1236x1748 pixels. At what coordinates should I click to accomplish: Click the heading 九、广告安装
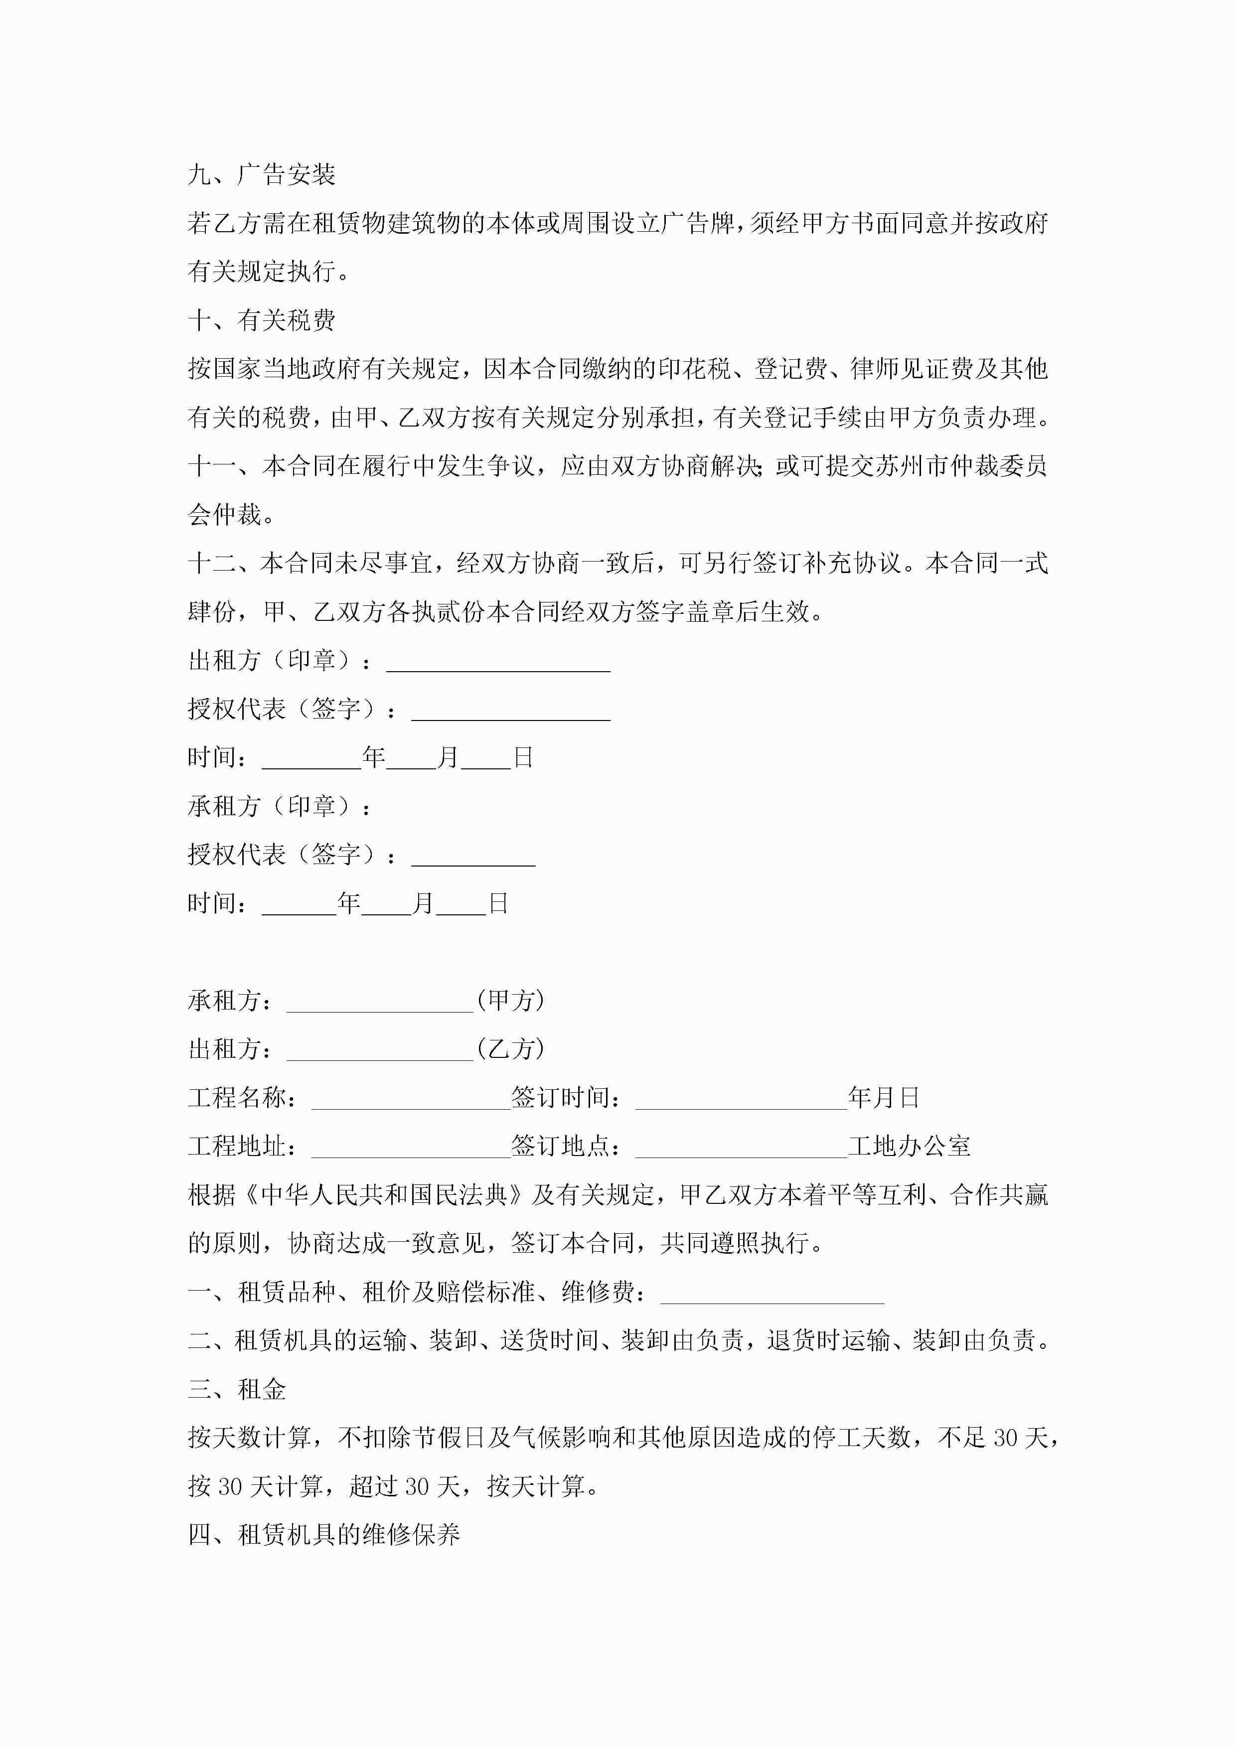pos(261,175)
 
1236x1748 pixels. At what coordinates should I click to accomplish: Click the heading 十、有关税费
pos(261,320)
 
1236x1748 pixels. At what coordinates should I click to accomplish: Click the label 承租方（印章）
pos(279,806)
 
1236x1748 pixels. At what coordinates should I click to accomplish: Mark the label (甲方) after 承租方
pos(511,1001)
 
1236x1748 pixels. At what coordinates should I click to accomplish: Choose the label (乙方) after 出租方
pos(511,1049)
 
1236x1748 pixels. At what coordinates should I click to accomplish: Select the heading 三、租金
pos(237,1389)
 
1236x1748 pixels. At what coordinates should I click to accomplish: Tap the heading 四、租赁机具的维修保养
pos(323,1535)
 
